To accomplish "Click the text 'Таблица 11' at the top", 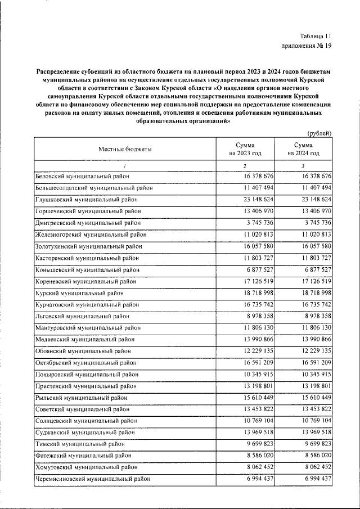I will (316, 35).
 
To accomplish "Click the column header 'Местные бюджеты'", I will (125, 149).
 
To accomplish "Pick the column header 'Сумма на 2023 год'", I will (245, 149).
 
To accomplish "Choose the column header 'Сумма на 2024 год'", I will (303, 149).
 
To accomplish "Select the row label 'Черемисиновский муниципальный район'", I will (93, 479).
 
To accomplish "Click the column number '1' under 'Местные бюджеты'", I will (124, 166).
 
